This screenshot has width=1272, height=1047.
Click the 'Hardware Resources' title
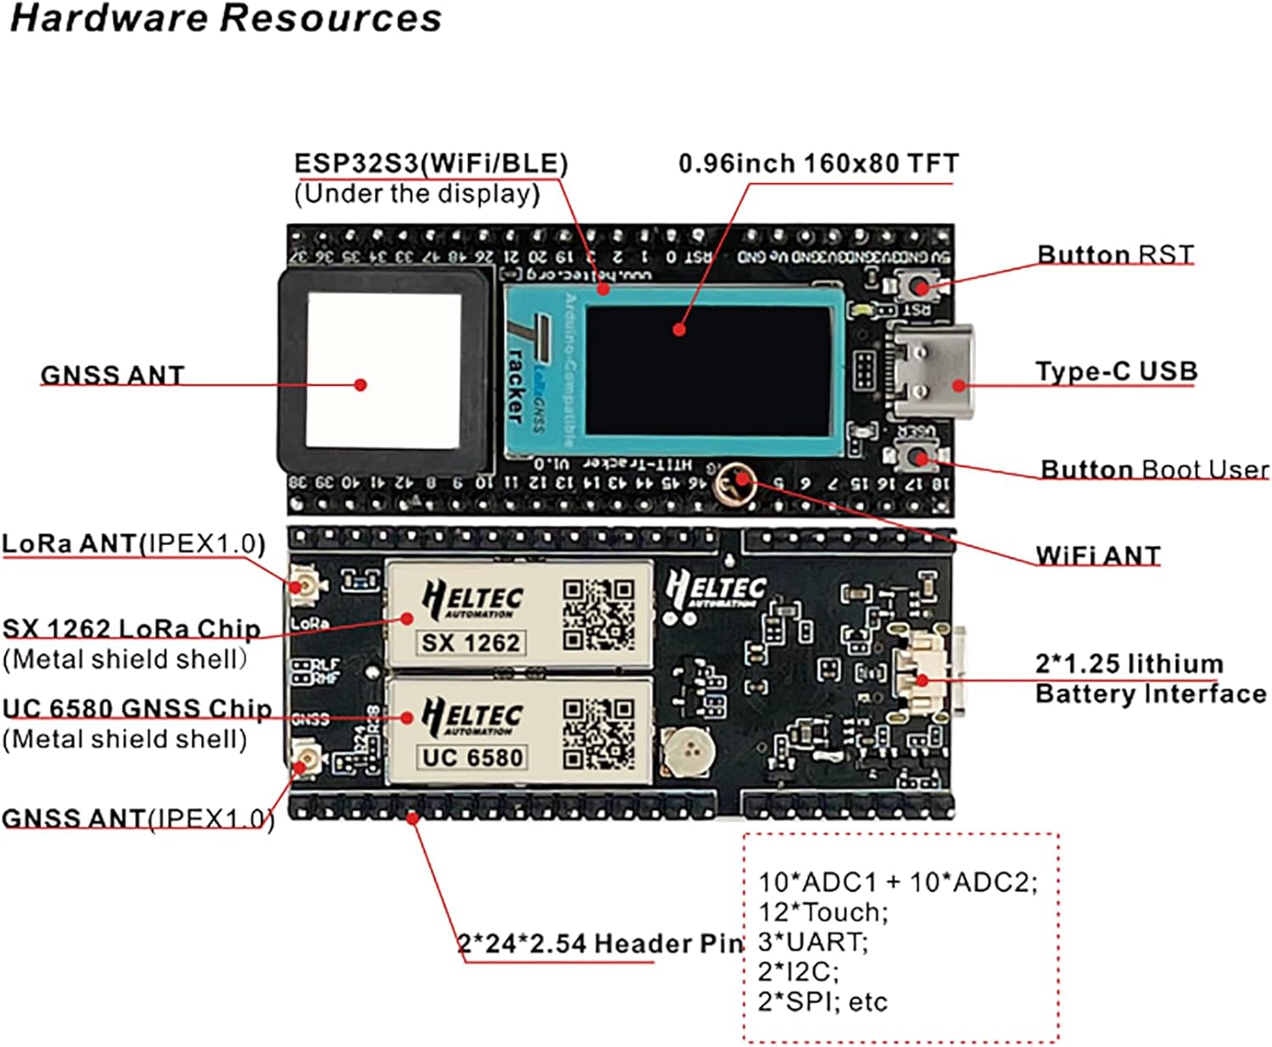coord(226,19)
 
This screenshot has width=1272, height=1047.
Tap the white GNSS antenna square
coord(383,370)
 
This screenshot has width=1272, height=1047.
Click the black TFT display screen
coord(708,370)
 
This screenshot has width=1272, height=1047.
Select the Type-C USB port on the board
coord(932,371)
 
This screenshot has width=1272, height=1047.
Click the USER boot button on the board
coord(918,458)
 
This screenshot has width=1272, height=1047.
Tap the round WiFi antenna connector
coord(734,485)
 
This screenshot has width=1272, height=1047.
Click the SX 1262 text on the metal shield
coord(471,643)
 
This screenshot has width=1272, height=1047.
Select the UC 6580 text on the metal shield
coord(472,757)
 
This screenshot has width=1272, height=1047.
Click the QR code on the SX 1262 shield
coord(599,615)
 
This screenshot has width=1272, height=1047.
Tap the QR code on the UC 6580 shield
coord(599,734)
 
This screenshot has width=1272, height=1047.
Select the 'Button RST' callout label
coord(1115,254)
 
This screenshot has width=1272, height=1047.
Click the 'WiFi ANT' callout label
coord(1097,555)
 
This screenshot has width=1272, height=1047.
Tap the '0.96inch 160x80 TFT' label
coord(818,163)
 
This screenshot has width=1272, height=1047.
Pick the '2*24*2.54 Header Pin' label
coord(600,943)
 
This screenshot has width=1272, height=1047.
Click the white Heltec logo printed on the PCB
coord(716,588)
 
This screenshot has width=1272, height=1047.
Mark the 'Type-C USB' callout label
coord(1116,371)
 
